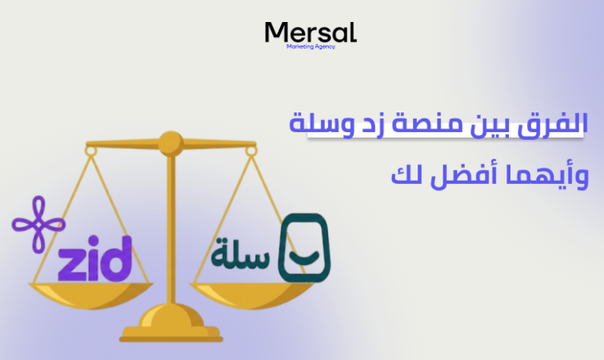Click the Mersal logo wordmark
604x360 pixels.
coord(311,32)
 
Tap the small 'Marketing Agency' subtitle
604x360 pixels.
coord(311,47)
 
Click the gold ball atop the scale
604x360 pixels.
coord(169,142)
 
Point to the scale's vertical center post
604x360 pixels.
coord(169,236)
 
